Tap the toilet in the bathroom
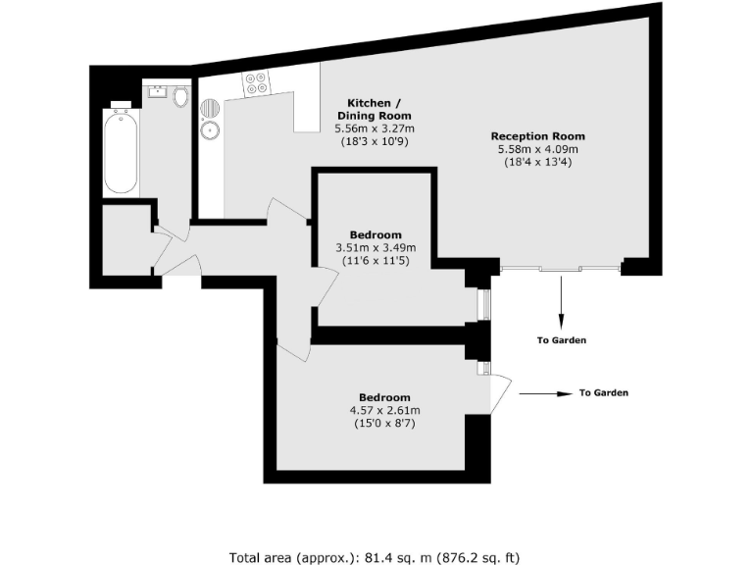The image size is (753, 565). (x=180, y=97)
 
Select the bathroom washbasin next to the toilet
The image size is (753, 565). (x=156, y=94)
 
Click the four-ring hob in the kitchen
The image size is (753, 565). (x=257, y=83)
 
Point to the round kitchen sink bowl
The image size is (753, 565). (x=209, y=129)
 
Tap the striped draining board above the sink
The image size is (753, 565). (x=209, y=108)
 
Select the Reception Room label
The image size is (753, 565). (x=537, y=136)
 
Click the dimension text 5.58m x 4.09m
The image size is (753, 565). (x=538, y=149)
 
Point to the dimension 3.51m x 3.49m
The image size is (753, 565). (x=376, y=247)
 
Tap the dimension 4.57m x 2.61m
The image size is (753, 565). (x=384, y=410)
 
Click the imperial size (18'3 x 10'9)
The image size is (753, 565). (x=374, y=141)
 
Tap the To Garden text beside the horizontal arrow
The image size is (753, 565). (x=603, y=393)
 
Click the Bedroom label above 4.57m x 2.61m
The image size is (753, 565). (x=384, y=397)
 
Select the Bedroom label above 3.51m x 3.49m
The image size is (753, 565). (x=376, y=234)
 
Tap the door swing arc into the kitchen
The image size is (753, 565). (x=288, y=210)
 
